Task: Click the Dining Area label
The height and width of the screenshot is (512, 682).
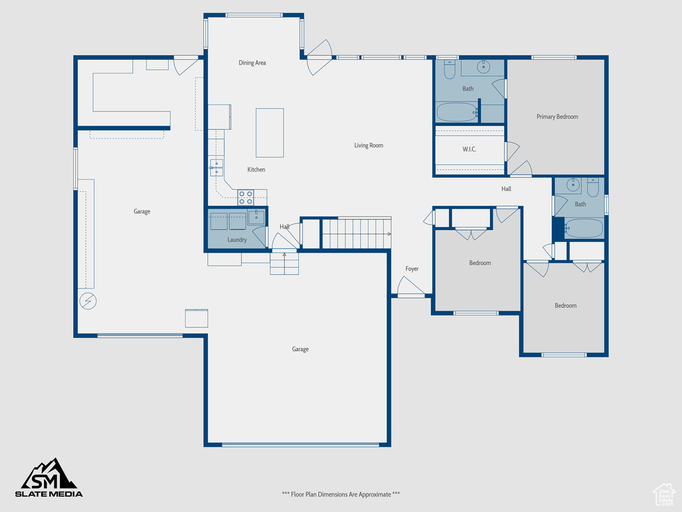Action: point(252,63)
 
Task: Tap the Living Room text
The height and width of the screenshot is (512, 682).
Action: point(368,145)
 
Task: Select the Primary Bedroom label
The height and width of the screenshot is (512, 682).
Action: point(557,117)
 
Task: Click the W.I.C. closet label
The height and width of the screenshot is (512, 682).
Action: point(469,149)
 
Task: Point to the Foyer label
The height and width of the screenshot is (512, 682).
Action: point(412,269)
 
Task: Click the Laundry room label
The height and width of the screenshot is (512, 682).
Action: point(237,239)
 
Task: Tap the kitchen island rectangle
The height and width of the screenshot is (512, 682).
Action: point(270,133)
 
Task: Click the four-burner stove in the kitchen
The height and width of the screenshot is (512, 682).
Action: point(246,197)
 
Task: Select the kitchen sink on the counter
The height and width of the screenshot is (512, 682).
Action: point(216,167)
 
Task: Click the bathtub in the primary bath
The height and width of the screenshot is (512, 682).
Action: point(457,112)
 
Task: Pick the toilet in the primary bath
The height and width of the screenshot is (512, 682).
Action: point(449,69)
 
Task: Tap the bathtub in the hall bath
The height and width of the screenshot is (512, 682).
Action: point(583,229)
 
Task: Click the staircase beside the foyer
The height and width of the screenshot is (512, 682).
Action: point(356,233)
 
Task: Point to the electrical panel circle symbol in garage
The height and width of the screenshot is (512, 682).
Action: point(87,301)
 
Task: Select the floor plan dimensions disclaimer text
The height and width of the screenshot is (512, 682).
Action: point(341,494)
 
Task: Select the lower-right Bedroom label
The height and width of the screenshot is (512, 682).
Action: point(565,305)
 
